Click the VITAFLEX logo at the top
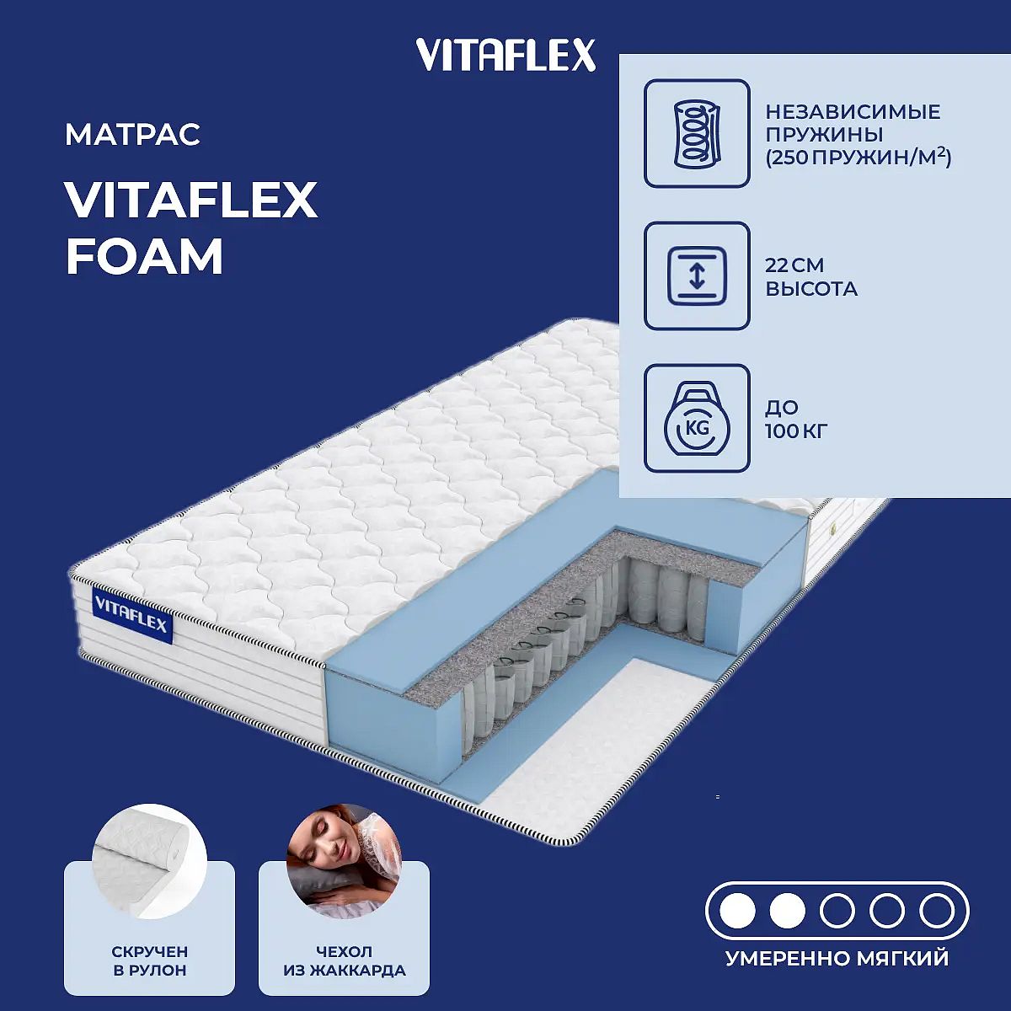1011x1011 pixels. (505, 55)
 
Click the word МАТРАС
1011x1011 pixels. (133, 134)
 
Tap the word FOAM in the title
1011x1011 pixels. (145, 257)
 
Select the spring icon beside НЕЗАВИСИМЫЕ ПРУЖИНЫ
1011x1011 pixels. (697, 133)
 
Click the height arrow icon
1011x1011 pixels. (697, 276)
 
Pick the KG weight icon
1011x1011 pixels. (697, 418)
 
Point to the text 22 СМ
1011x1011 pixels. (794, 265)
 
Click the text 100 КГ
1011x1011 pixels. (796, 431)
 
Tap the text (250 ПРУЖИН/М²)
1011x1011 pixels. (859, 158)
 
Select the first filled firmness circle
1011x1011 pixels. (737, 912)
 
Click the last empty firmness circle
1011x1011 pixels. (937, 912)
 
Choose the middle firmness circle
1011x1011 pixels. (837, 912)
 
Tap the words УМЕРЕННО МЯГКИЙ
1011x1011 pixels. (837, 959)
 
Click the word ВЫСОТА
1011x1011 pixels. (811, 289)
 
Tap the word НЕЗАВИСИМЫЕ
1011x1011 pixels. (853, 112)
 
